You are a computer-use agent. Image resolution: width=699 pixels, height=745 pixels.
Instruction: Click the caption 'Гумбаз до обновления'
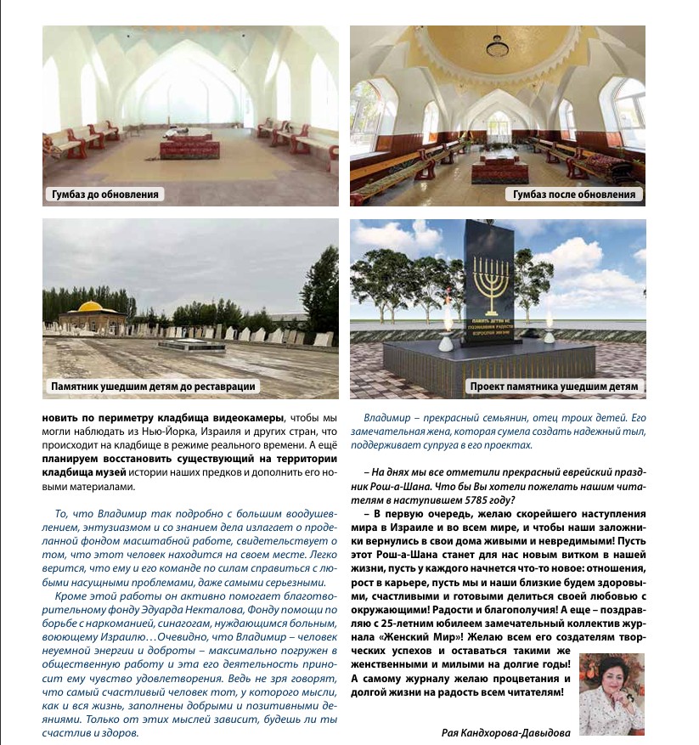click(103, 195)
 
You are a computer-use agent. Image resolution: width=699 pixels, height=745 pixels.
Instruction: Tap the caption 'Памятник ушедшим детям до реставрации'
click(153, 387)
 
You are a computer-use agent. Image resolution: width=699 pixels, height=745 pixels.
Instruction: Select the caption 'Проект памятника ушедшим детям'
click(554, 387)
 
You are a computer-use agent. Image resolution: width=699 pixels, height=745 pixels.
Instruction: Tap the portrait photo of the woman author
click(612, 686)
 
